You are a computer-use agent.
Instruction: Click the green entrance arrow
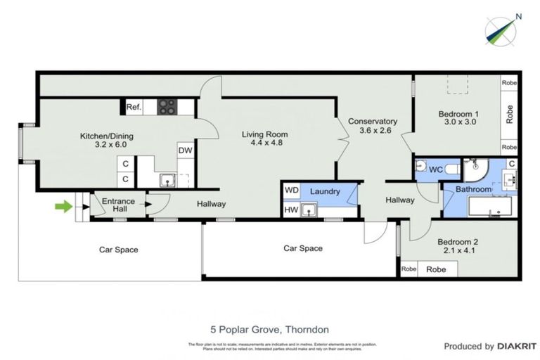(64, 206)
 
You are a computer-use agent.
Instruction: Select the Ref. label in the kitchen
(134, 108)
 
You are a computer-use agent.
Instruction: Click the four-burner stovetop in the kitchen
(167, 107)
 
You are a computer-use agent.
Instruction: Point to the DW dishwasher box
(184, 150)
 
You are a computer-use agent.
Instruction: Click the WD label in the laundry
(290, 191)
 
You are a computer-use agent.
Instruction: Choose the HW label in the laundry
(290, 210)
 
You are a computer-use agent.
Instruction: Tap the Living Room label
(265, 139)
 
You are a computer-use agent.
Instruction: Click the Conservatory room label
(378, 125)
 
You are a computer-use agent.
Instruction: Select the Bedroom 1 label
(458, 119)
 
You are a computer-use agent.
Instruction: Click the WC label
(435, 169)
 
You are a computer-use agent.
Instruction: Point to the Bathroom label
(472, 189)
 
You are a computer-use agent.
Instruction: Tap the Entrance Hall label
(118, 205)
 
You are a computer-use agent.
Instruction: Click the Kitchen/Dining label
(106, 141)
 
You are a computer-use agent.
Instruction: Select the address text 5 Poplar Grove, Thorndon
(269, 329)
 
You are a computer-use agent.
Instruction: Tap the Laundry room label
(325, 191)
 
